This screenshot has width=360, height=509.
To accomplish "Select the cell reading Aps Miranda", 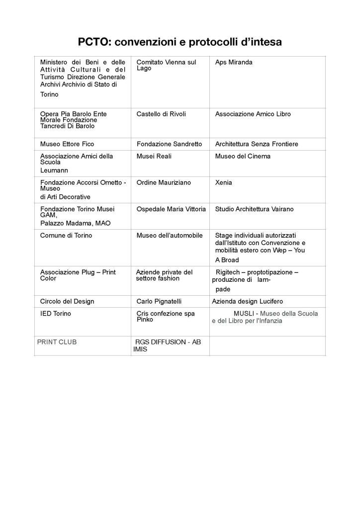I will click(234, 63).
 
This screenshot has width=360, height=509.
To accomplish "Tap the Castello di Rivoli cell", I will click(161, 114).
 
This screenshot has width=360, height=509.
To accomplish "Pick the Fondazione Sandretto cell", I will click(169, 144).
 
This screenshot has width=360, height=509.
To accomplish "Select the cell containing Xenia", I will click(223, 183).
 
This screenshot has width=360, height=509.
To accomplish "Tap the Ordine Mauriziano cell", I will click(164, 183).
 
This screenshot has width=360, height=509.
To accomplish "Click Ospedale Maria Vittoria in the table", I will click(171, 209).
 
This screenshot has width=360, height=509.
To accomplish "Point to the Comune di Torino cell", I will click(66, 236).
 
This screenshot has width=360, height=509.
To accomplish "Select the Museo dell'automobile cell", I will click(170, 236).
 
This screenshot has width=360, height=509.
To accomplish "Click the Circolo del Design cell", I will click(67, 302).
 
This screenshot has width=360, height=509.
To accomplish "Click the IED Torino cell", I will click(55, 314).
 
